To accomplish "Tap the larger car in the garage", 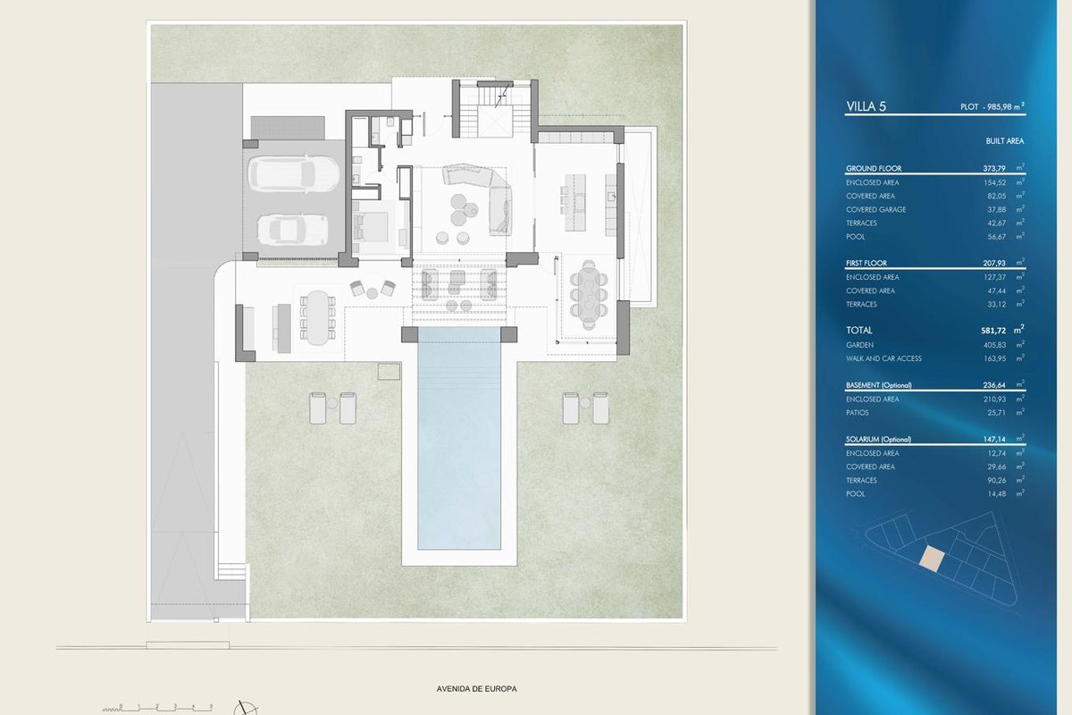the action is click(293, 174).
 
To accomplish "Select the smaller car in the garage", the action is click(292, 230).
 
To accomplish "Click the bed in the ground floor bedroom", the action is click(371, 227).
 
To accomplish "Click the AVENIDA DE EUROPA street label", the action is click(476, 689).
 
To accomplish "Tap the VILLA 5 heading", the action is click(867, 106).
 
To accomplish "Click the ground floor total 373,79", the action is click(994, 168).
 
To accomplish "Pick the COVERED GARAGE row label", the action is click(875, 209).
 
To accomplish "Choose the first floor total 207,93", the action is click(994, 263).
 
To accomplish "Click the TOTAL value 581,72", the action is click(993, 331).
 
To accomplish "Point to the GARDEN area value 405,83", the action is click(994, 345).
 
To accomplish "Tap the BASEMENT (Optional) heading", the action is click(879, 385).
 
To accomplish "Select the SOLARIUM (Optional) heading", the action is click(878, 439).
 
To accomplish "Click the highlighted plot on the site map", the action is click(933, 559).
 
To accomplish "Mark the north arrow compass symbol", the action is click(246, 708).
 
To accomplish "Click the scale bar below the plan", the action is click(157, 707).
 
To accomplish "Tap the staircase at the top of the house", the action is click(495, 110).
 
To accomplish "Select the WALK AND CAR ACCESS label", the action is click(884, 358).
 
